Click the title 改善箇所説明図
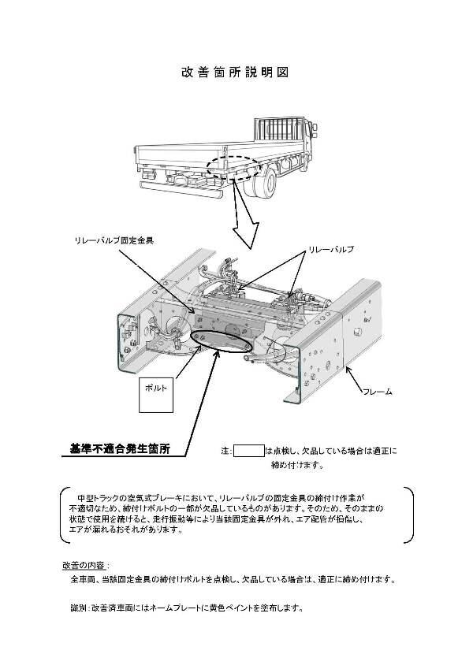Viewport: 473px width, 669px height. pyautogui.click(x=236, y=72)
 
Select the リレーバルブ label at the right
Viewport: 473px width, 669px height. pyautogui.click(x=330, y=249)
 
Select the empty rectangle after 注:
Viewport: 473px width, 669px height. pyautogui.click(x=249, y=452)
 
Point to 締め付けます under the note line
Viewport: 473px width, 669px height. pyautogui.click(x=297, y=465)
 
